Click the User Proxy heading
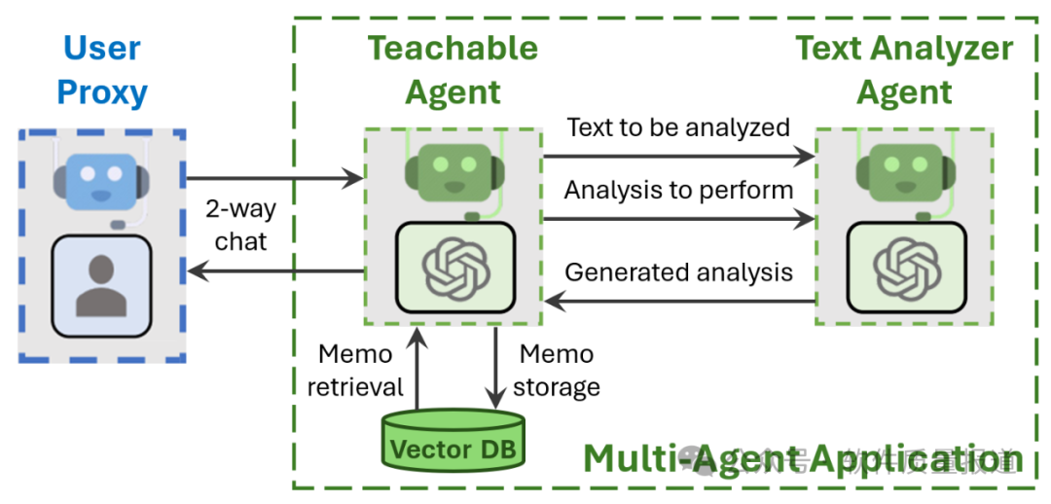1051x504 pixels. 102,70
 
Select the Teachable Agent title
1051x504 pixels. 453,70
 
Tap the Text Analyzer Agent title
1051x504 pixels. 904,70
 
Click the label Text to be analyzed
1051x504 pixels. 678,127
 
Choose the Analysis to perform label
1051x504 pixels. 678,189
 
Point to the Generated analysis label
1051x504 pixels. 678,271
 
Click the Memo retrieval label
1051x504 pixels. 354,370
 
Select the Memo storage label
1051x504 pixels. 557,370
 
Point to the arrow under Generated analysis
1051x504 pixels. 678,302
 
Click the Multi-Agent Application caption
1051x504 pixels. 803,458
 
